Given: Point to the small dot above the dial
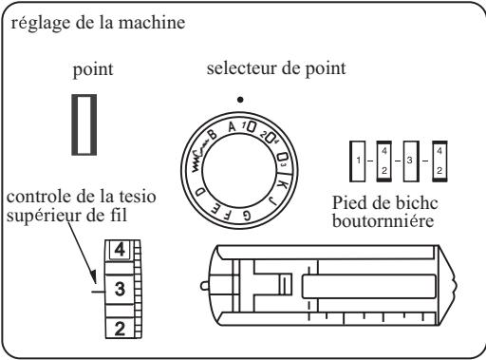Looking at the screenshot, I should pos(242,99).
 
